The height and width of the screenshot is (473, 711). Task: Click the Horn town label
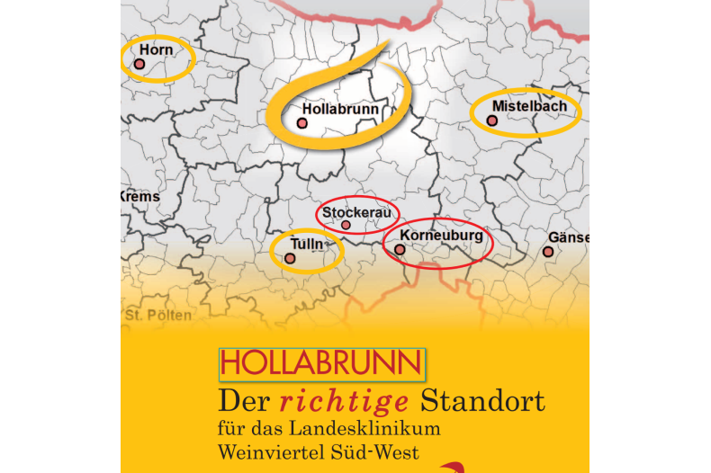[156, 49]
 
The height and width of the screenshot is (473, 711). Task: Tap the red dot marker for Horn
[139, 64]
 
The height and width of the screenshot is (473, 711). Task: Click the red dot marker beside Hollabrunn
[302, 122]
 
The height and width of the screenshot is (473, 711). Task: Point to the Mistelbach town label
[529, 105]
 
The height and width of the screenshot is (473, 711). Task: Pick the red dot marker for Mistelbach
[492, 120]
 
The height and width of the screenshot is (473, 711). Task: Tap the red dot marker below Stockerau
[346, 225]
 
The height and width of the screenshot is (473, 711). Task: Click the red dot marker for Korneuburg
[400, 249]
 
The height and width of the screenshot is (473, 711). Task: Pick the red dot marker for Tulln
[290, 258]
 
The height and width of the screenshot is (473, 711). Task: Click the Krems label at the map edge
[140, 196]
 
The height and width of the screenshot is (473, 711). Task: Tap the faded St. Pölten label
[158, 315]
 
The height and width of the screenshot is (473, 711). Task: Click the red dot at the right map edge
[548, 252]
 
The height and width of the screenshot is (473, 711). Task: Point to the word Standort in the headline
[483, 398]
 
